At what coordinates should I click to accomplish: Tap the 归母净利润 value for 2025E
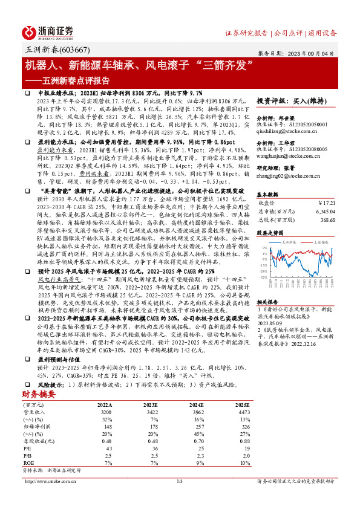pos(241,409)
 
